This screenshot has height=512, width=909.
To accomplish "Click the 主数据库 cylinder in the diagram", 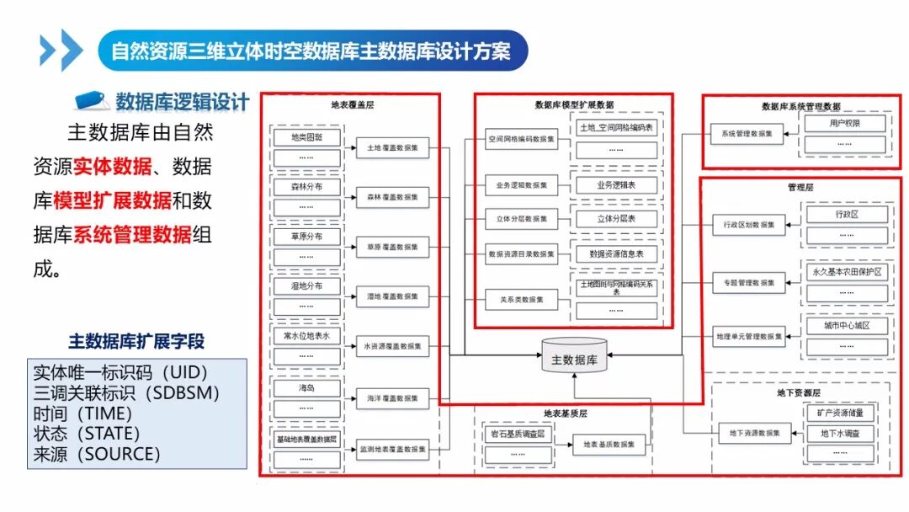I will click(x=574, y=360).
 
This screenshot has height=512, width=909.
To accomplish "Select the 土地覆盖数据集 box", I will click(x=391, y=147).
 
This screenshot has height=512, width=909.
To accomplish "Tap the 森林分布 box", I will click(x=306, y=187).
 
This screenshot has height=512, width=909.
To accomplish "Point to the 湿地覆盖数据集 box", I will click(x=391, y=296).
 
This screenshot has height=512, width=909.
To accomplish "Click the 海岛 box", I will click(x=306, y=388).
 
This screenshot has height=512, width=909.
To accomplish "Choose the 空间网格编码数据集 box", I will click(x=521, y=139).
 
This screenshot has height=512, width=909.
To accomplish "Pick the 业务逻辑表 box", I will click(x=615, y=184).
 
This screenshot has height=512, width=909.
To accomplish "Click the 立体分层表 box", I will click(x=615, y=218).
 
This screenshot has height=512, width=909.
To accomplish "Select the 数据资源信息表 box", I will click(x=615, y=253).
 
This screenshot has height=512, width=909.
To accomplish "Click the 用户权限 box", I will click(x=845, y=124).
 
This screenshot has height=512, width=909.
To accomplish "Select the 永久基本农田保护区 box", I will click(x=847, y=273).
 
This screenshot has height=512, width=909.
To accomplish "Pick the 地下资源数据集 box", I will click(x=754, y=433).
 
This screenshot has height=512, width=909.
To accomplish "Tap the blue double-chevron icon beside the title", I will click(x=61, y=51).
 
